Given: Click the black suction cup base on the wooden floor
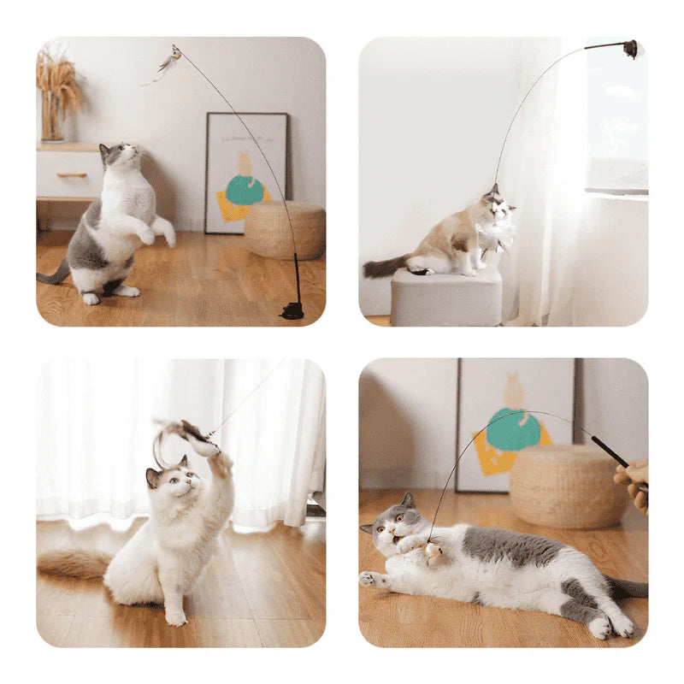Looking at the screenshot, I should click(x=292, y=310).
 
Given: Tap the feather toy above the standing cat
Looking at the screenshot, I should click(x=168, y=63).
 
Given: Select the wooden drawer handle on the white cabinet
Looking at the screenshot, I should click(x=72, y=174).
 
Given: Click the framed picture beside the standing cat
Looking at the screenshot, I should click(x=245, y=171).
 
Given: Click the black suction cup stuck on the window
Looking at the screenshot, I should click(x=630, y=49).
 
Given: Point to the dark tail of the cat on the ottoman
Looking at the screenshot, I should click(x=385, y=267).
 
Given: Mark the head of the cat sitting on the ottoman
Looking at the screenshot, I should click(x=497, y=204).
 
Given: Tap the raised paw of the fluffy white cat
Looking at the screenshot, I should click(x=221, y=464).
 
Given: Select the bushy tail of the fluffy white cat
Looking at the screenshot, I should click(x=73, y=564).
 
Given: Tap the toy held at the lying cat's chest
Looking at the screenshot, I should click(x=433, y=552).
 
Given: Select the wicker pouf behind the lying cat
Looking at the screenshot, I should click(x=569, y=485).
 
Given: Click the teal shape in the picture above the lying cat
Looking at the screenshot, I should click(x=513, y=428).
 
